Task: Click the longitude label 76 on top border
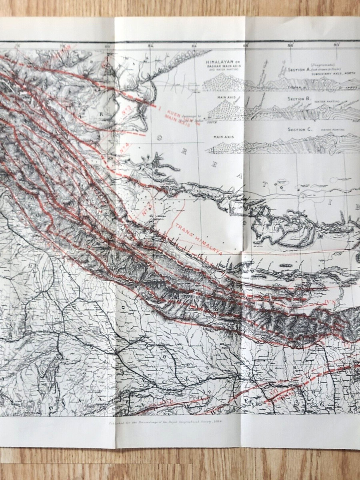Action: click(17, 45)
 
